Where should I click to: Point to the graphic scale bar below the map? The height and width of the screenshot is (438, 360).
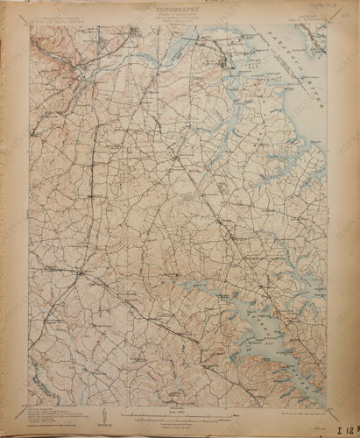click(x=179, y=412)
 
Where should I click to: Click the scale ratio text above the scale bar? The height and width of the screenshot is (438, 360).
click(x=179, y=406)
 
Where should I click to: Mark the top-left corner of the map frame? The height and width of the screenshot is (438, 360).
click(x=29, y=25)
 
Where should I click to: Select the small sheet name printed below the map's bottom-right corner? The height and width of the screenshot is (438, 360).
click(x=322, y=413)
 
